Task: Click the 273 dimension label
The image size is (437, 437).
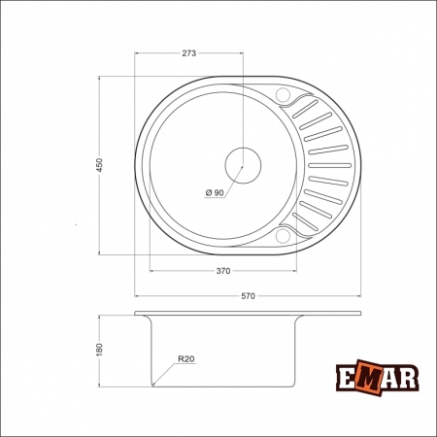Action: click(x=189, y=54)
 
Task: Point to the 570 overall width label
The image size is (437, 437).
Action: click(x=248, y=297)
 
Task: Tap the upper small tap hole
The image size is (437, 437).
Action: click(x=284, y=94)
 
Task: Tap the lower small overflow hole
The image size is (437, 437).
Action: click(x=284, y=233)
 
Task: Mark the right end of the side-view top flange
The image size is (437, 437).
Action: click(x=359, y=314)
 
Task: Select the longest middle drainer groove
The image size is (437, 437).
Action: click(x=328, y=165)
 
